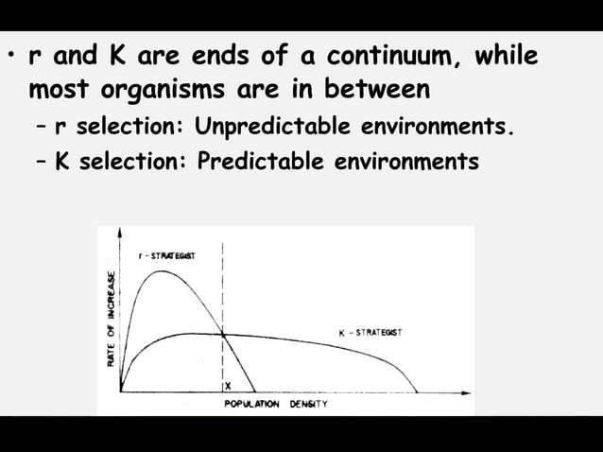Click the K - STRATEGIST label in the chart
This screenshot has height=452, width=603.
370,332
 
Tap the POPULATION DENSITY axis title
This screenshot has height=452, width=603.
276,405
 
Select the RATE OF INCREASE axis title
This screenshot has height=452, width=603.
112,319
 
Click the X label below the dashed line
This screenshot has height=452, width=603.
228,387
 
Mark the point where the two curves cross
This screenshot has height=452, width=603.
223,334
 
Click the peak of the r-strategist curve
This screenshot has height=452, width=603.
161,270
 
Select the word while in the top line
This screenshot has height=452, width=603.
507,57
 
